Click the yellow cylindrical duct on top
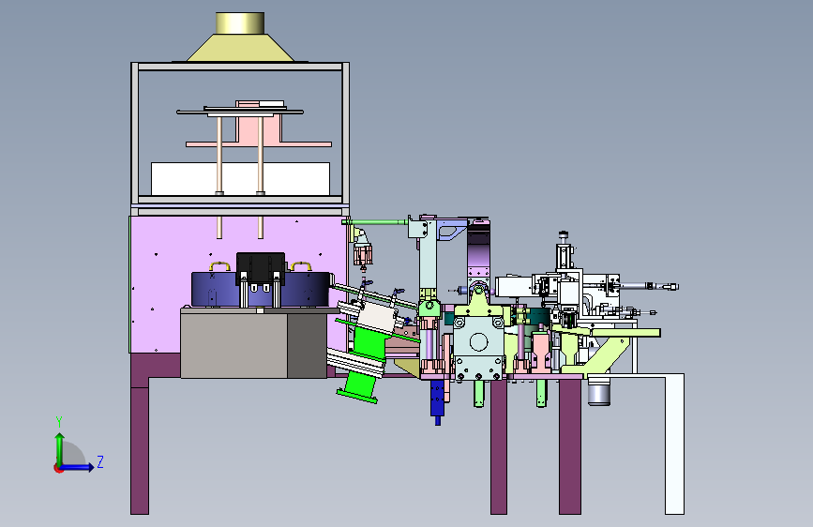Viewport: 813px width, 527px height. coord(239,23)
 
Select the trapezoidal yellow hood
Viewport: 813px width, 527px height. coord(240,48)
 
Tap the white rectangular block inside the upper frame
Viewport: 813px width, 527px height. coord(240,179)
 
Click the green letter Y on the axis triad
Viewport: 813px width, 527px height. coord(59,421)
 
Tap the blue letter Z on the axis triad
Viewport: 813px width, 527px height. coord(100,461)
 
